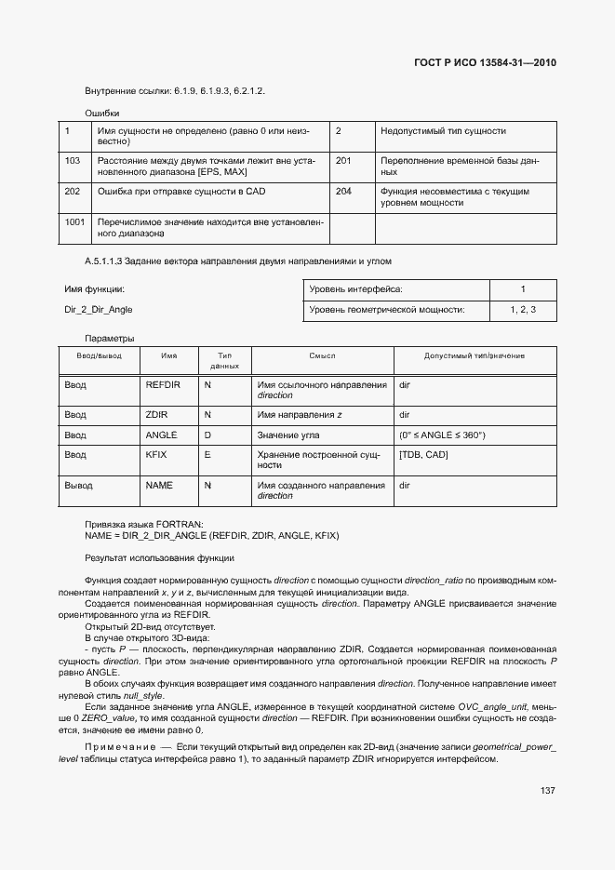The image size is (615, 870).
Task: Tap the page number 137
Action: [547, 790]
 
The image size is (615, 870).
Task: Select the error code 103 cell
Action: [73, 161]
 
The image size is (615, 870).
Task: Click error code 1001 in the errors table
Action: [75, 222]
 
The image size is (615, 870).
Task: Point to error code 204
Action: [343, 191]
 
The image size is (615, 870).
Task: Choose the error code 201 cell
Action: [343, 161]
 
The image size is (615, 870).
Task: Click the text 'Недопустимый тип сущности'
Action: [443, 131]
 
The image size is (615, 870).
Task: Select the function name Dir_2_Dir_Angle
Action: [92, 310]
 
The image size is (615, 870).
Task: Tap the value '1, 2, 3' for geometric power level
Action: [523, 310]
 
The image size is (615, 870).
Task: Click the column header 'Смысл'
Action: [322, 356]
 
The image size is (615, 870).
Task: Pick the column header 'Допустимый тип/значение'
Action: [475, 356]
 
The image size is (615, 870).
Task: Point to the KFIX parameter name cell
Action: [156, 455]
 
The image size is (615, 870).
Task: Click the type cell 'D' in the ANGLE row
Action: [207, 435]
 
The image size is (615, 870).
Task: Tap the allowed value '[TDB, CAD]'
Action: [422, 455]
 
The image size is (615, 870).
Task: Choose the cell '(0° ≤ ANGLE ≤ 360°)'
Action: [442, 435]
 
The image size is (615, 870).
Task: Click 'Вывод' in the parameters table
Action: [78, 485]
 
